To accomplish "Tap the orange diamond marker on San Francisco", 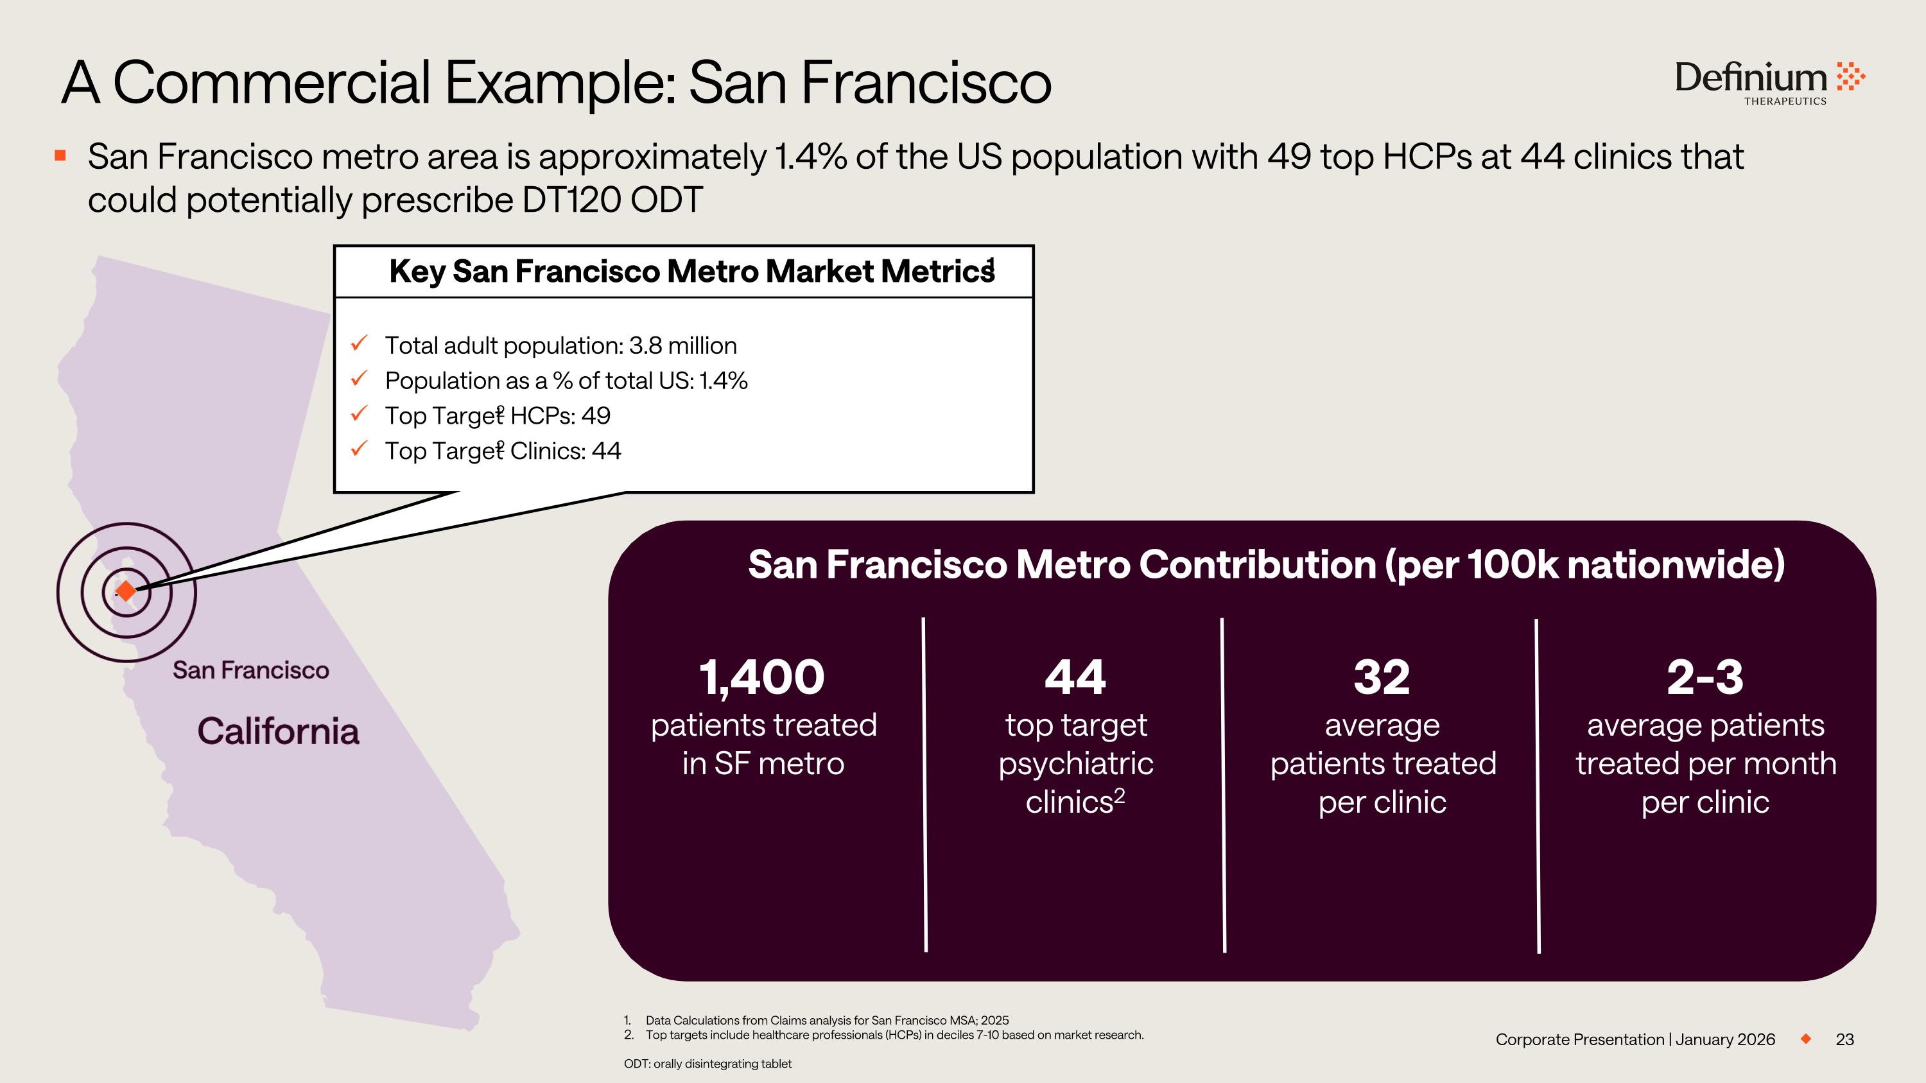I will pyautogui.click(x=126, y=591).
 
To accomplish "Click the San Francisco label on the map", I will pyautogui.click(x=250, y=670).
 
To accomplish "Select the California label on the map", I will pyautogui.click(x=278, y=731).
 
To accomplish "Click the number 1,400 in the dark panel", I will pyautogui.click(x=761, y=677).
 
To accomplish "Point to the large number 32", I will pyautogui.click(x=1382, y=677).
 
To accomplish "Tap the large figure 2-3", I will pyautogui.click(x=1705, y=677).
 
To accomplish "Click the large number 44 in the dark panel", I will pyautogui.click(x=1075, y=677).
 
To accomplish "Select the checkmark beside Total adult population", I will pyautogui.click(x=360, y=344).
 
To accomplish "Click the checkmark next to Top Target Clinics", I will pyautogui.click(x=360, y=449).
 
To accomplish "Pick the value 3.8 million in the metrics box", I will pyautogui.click(x=682, y=346).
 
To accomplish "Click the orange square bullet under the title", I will pyautogui.click(x=60, y=155).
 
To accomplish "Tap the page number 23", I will pyautogui.click(x=1844, y=1039).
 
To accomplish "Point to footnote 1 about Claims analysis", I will pyautogui.click(x=826, y=1020).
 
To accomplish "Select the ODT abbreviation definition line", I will pyautogui.click(x=707, y=1064).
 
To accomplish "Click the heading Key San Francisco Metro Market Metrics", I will pyautogui.click(x=691, y=272).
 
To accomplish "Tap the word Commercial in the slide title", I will pyautogui.click(x=272, y=82).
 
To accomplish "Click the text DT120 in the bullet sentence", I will pyautogui.click(x=572, y=200).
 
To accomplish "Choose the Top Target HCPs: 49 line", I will pyautogui.click(x=497, y=415).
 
